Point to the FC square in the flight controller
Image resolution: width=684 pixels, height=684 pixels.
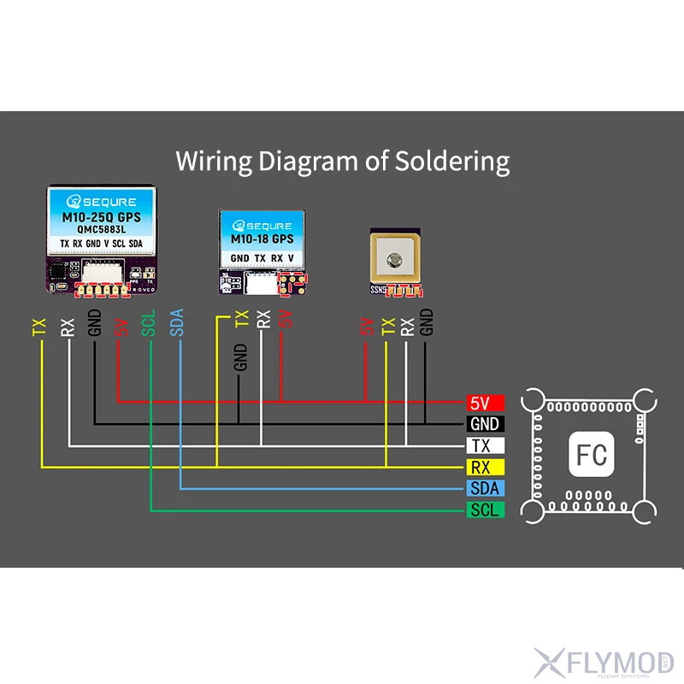[592, 454]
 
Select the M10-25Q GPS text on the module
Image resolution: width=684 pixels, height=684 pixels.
[102, 218]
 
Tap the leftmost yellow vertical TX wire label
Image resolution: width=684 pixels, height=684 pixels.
[39, 326]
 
